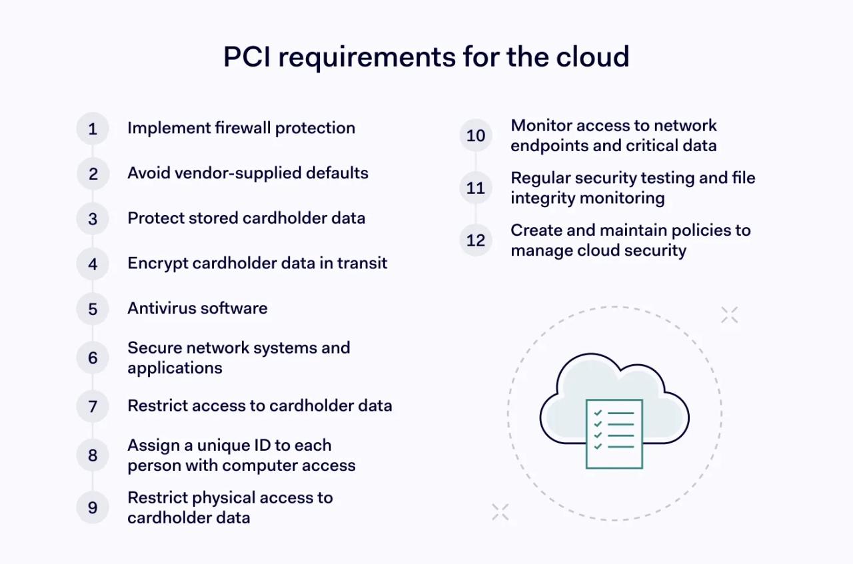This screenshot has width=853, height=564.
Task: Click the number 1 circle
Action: [93, 129]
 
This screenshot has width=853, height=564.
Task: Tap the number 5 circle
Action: [93, 309]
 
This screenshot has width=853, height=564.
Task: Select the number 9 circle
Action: [93, 507]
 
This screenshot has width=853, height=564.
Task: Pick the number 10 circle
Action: [476, 136]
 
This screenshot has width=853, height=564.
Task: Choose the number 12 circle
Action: [476, 240]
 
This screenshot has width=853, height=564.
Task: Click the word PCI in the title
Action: [247, 57]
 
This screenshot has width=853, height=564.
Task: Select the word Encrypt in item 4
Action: [157, 263]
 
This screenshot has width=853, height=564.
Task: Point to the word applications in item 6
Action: [175, 368]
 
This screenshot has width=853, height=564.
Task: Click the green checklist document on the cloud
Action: [614, 433]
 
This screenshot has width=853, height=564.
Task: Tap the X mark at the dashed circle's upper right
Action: [729, 315]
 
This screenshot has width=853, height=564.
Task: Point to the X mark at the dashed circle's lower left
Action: [500, 512]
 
